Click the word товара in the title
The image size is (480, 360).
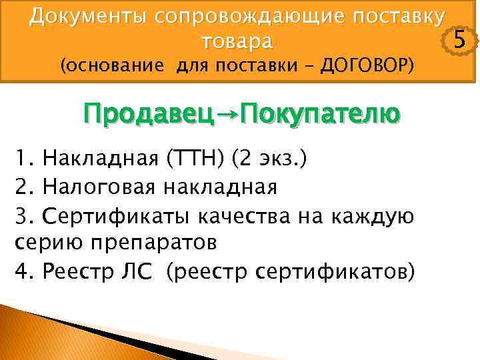click(237, 41)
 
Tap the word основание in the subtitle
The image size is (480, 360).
click(114, 67)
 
